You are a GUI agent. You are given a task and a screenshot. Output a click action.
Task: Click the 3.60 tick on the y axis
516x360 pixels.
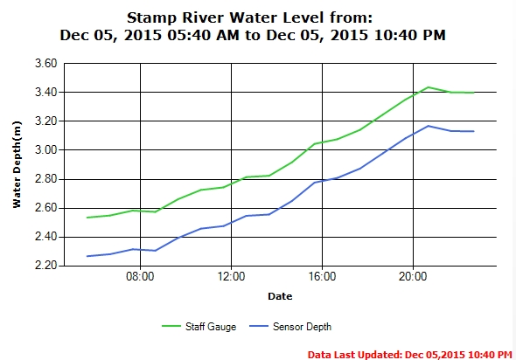(45, 63)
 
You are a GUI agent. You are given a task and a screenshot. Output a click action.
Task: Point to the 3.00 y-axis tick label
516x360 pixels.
(45, 150)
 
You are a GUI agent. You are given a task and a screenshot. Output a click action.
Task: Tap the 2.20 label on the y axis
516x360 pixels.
(45, 266)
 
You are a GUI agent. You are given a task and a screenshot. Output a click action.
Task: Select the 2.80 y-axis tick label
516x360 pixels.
(45, 179)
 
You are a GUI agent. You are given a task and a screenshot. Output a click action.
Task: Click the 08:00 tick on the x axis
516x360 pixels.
(140, 276)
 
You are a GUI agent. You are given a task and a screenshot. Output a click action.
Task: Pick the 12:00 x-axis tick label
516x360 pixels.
(232, 276)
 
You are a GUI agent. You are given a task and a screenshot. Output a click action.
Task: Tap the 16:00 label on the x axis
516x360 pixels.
(322, 276)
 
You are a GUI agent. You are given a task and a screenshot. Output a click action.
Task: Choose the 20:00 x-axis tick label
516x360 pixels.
(413, 276)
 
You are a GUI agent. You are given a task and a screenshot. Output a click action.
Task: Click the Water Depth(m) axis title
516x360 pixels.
(17, 164)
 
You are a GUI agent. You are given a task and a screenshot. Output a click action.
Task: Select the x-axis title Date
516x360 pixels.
(280, 296)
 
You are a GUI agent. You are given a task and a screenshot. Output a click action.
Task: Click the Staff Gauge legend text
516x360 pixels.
(211, 327)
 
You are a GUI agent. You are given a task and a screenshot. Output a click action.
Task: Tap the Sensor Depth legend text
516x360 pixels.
(302, 327)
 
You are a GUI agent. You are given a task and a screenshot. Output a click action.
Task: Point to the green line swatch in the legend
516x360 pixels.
(171, 327)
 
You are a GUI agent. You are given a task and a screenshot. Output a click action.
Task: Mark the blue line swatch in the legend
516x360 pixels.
(259, 327)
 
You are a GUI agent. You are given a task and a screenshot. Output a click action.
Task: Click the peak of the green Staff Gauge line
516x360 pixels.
(429, 87)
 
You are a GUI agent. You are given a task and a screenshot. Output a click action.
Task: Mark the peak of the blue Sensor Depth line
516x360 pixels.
(429, 126)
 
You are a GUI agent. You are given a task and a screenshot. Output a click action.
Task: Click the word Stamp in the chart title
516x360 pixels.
(151, 18)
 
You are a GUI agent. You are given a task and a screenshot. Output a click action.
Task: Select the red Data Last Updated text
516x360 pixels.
(410, 355)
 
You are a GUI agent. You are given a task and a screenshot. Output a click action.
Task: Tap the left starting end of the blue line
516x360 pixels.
(87, 256)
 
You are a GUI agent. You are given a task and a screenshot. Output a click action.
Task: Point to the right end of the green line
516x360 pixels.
(473, 93)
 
